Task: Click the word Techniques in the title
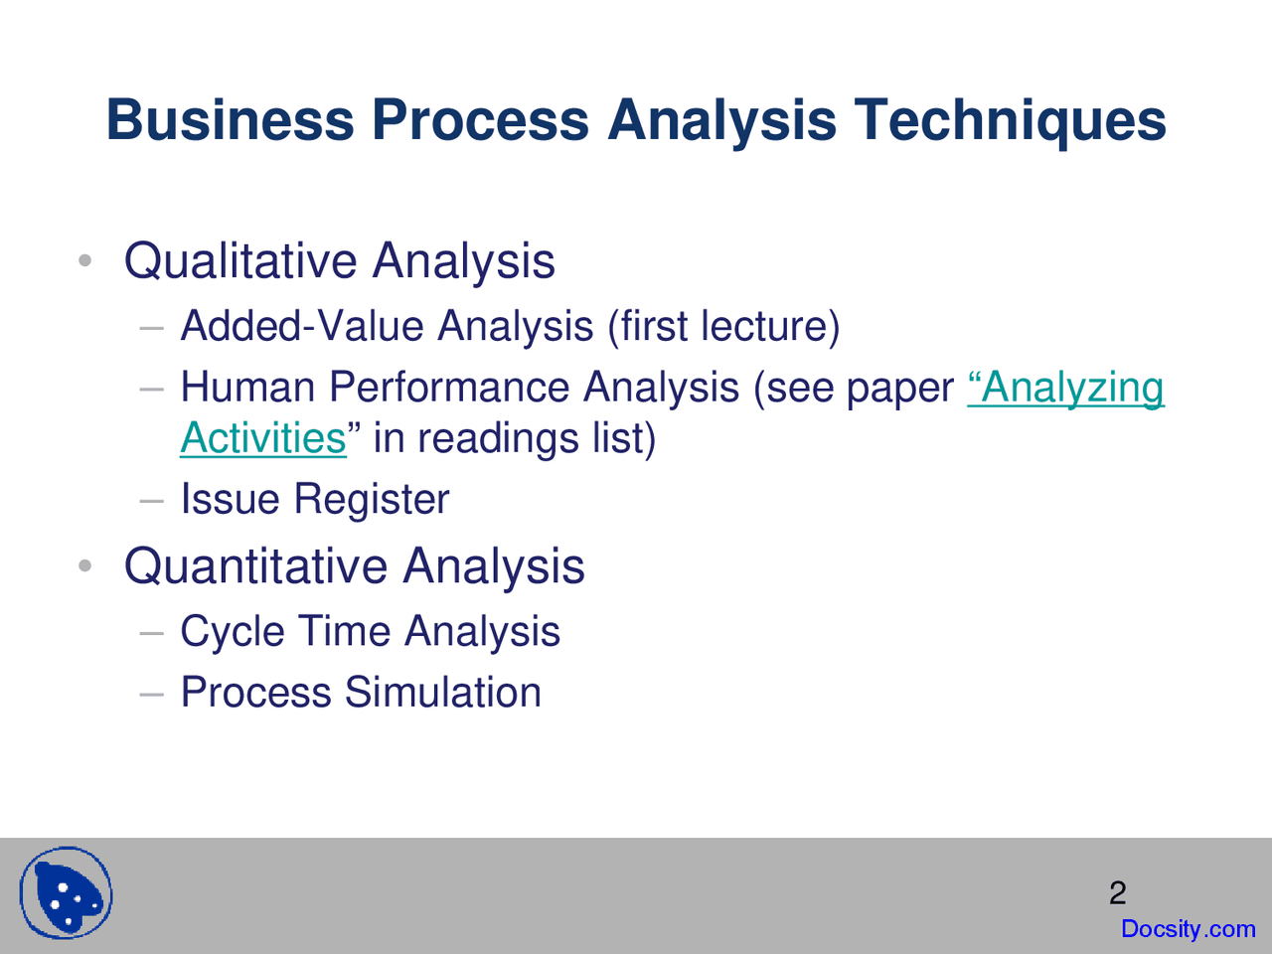(1010, 120)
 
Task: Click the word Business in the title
(231, 120)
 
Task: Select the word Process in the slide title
(480, 120)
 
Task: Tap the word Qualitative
(240, 261)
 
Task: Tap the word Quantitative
(255, 566)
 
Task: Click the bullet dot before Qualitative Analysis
(84, 260)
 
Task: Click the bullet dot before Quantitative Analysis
(84, 565)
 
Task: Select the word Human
(248, 387)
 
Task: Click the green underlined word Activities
(263, 438)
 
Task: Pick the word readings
(498, 439)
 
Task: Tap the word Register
(372, 499)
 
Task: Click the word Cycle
(233, 631)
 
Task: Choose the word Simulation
(443, 692)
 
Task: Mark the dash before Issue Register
(152, 499)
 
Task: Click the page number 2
(1118, 892)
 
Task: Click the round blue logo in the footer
(66, 893)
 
